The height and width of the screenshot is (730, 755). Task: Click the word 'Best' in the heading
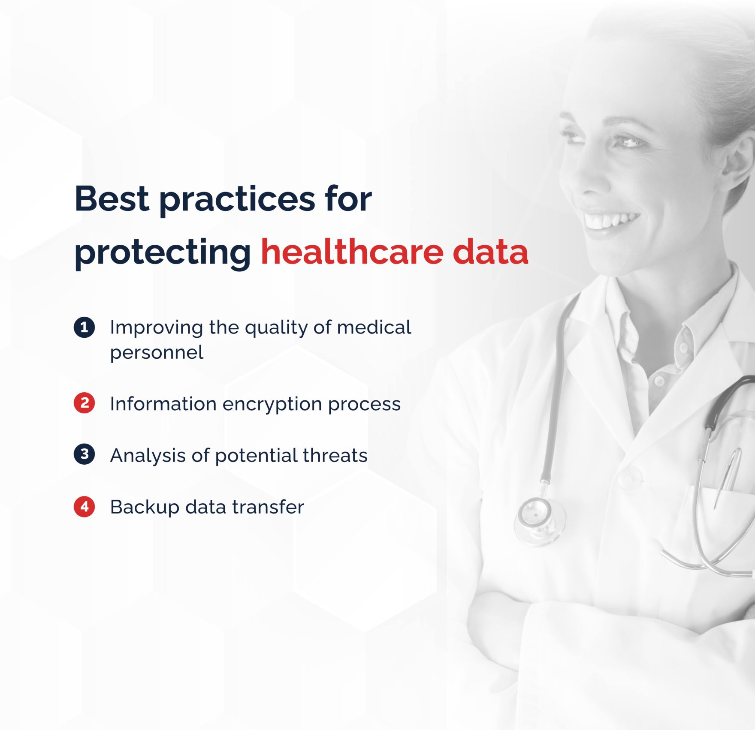(112, 198)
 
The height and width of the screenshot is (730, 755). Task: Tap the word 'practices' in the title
(237, 200)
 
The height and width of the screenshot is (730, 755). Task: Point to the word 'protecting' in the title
(163, 253)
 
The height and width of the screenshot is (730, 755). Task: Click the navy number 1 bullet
(84, 327)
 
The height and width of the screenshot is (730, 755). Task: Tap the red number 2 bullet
(84, 403)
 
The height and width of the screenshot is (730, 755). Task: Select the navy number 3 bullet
(84, 454)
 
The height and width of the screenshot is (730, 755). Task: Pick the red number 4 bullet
(84, 506)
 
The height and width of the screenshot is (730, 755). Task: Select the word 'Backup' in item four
(145, 507)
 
